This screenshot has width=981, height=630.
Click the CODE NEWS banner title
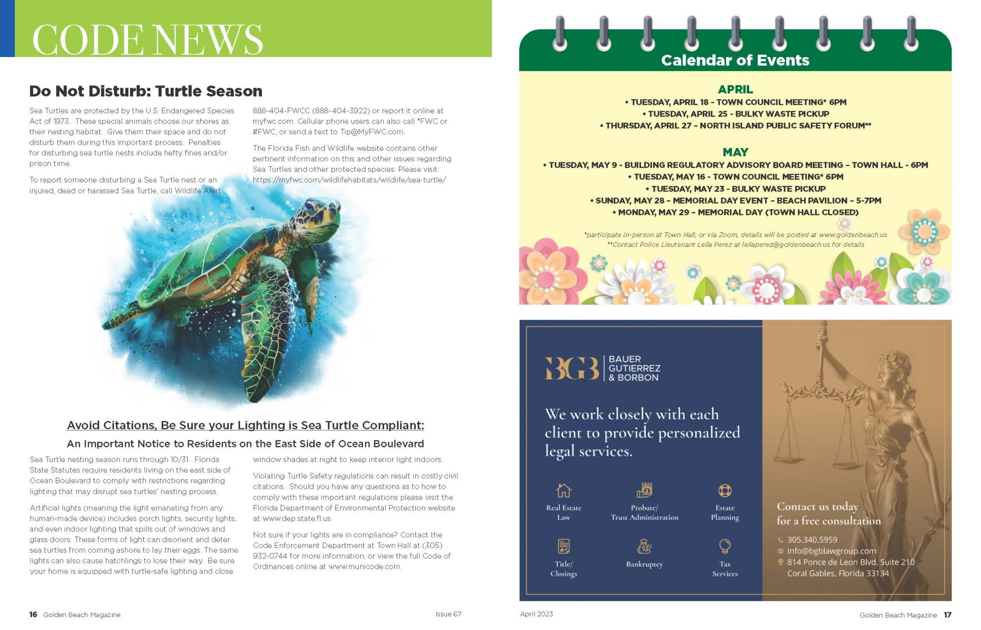tap(148, 39)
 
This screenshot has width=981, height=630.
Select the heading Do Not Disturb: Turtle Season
tap(146, 91)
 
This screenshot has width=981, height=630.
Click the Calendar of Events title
tap(735, 60)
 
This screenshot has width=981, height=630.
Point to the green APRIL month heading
tap(735, 89)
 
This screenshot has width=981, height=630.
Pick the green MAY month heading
tap(735, 152)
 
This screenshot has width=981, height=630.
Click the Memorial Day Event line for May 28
tap(735, 201)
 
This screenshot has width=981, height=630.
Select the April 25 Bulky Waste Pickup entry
tap(735, 114)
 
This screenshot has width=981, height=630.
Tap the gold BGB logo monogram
tap(571, 368)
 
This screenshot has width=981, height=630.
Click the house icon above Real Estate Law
tap(563, 491)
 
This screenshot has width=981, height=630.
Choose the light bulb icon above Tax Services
tap(725, 546)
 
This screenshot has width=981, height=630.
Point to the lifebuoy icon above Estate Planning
tap(725, 491)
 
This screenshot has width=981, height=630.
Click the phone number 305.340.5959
tap(812, 539)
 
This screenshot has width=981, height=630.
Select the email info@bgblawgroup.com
tap(831, 551)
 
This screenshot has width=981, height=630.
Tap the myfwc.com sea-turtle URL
tap(349, 180)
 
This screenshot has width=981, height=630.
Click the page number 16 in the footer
tap(33, 615)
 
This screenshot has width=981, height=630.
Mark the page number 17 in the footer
tap(947, 615)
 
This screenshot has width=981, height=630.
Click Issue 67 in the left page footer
tap(448, 614)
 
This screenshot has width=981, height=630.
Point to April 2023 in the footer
tap(536, 614)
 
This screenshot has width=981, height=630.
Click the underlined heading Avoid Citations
tap(245, 425)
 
